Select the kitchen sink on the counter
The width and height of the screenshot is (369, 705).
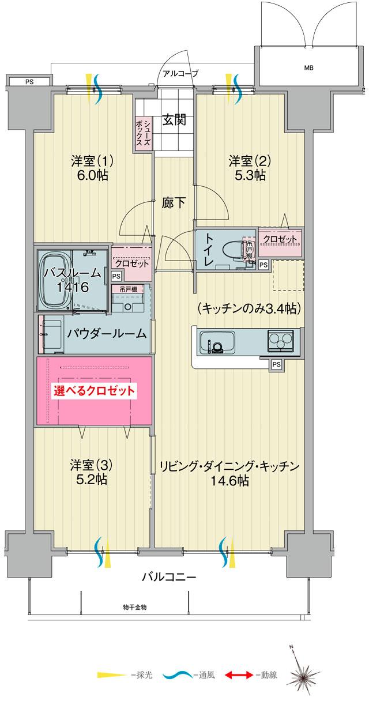[x=216, y=343]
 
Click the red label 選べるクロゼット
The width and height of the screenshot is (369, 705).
[x=95, y=390]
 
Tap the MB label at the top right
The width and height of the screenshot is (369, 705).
[x=309, y=68]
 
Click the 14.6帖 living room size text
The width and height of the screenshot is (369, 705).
[x=229, y=481]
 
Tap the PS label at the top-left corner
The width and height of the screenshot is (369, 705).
[x=29, y=82]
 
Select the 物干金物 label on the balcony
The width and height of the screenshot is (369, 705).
[x=135, y=607]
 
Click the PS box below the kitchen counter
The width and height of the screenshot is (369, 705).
[x=276, y=364]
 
